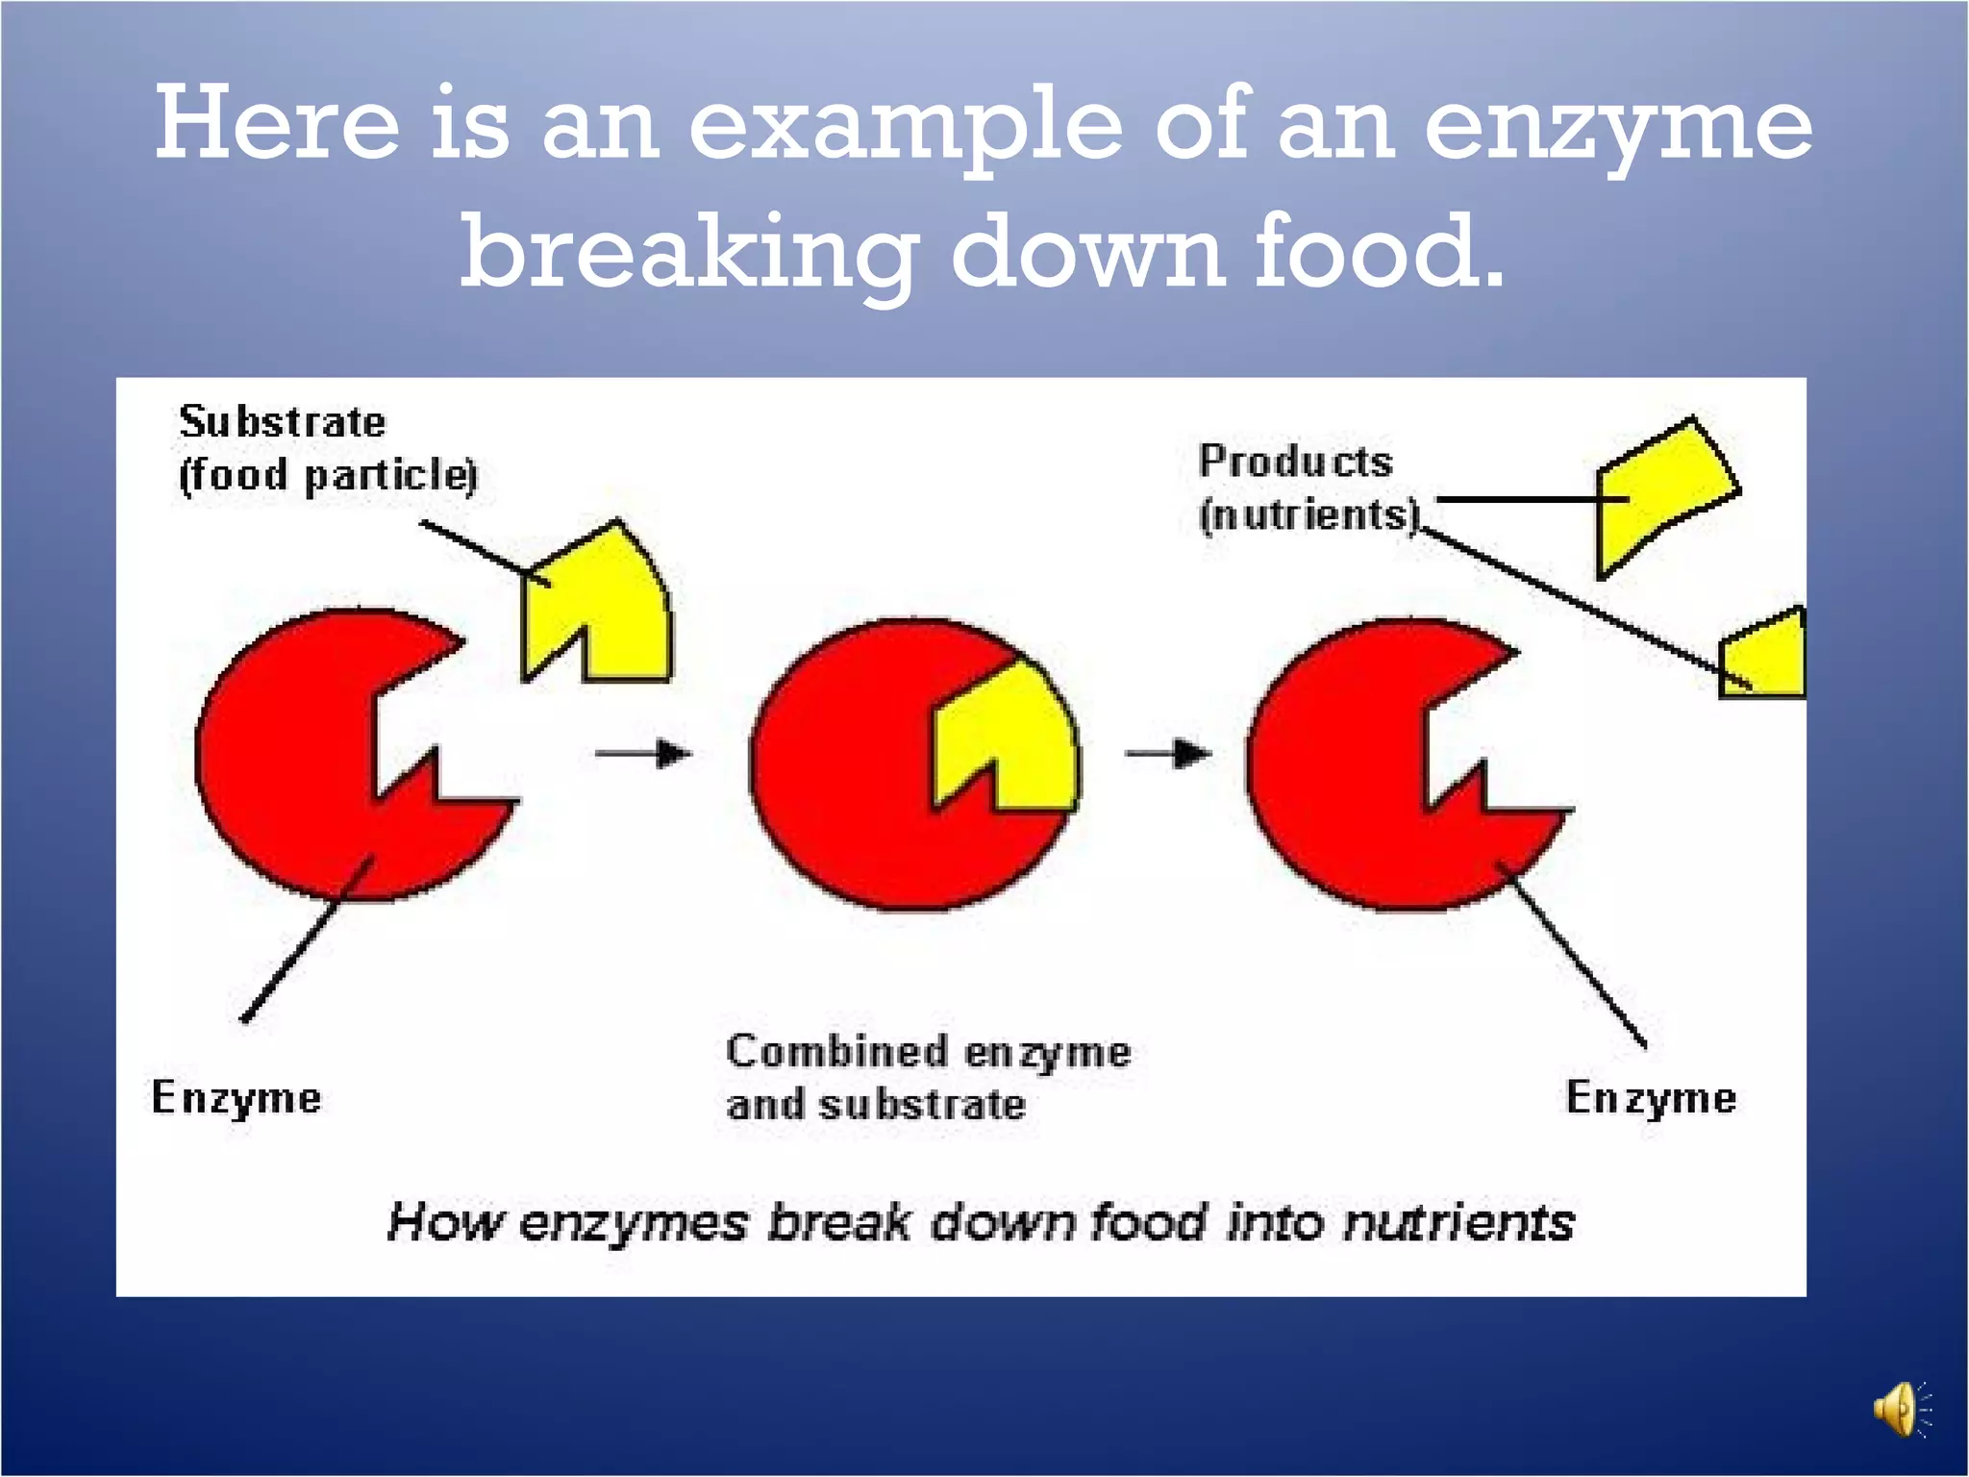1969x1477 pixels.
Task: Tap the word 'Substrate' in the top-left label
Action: pos(283,422)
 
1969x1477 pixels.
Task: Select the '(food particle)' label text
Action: pos(328,475)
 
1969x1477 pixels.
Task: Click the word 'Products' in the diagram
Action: pos(1295,462)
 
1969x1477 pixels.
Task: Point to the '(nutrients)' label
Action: pos(1309,514)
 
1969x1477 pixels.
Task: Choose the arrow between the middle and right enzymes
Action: pos(1167,753)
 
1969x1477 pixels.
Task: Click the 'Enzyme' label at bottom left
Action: pos(237,1098)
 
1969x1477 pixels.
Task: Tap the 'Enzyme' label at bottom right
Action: pos(1651,1098)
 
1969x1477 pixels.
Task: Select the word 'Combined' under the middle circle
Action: pos(836,1051)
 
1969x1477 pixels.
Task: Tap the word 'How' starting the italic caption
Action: pos(444,1223)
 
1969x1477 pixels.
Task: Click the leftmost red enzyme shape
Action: pos(288,750)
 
